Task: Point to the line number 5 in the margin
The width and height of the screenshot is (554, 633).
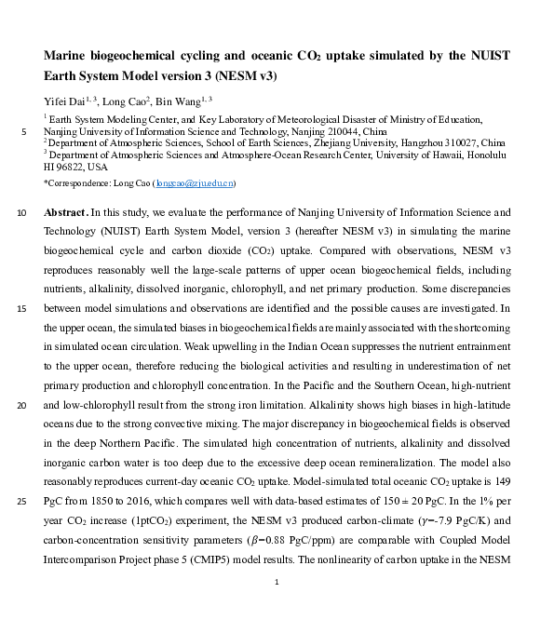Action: pyautogui.click(x=22, y=132)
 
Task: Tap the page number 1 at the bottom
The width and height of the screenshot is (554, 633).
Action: pyautogui.click(x=277, y=583)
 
